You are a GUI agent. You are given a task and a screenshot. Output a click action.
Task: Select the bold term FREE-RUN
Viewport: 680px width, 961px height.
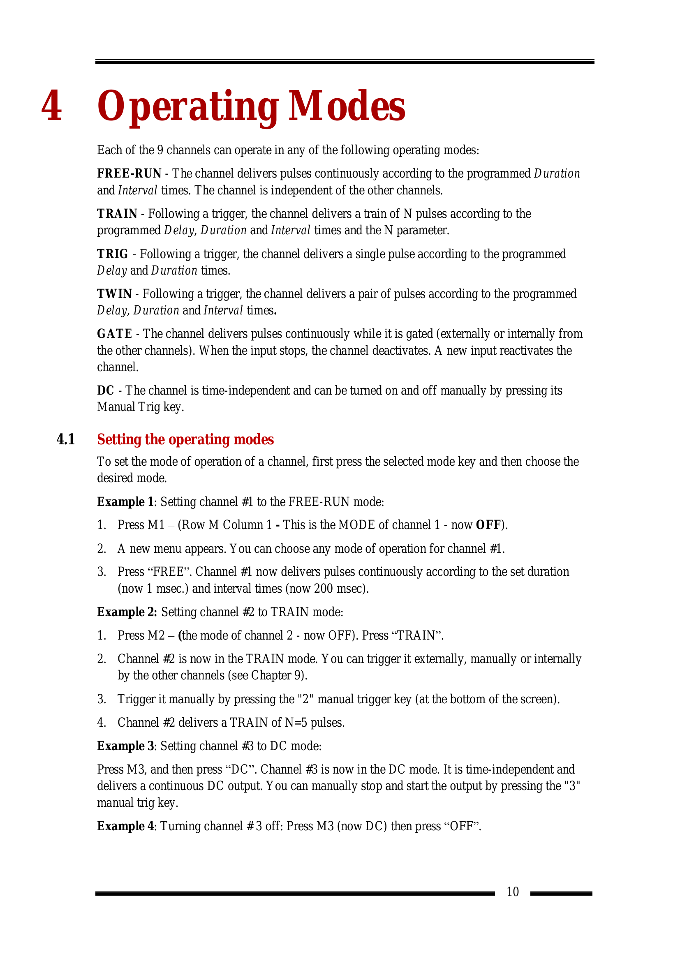pyautogui.click(x=129, y=173)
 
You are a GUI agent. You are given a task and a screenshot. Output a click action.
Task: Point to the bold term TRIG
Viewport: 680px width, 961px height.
pyautogui.click(x=112, y=254)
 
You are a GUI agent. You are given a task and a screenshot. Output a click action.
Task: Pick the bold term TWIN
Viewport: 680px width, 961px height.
pyautogui.click(x=114, y=294)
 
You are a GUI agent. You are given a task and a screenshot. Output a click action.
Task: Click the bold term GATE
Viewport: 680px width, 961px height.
pyautogui.click(x=114, y=334)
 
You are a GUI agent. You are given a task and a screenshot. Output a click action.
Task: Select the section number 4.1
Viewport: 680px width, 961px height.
pyautogui.click(x=66, y=439)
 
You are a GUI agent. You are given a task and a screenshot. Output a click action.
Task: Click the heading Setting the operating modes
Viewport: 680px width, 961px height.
pyautogui.click(x=185, y=439)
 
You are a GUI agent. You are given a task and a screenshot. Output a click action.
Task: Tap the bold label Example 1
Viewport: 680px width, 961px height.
pyautogui.click(x=125, y=501)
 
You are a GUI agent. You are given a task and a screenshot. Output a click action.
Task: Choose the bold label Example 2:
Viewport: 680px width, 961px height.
pyautogui.click(x=127, y=612)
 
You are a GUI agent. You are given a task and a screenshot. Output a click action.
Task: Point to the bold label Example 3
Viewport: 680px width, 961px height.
pyautogui.click(x=125, y=746)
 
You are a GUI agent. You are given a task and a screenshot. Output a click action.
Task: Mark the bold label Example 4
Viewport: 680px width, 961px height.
pyautogui.click(x=125, y=826)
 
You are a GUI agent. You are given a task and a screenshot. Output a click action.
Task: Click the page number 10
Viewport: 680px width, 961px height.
pyautogui.click(x=513, y=892)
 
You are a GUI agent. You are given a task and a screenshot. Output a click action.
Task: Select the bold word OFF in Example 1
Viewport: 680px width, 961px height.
pyautogui.click(x=488, y=525)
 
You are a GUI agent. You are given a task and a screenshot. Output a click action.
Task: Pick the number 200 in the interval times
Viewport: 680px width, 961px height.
pyautogui.click(x=323, y=589)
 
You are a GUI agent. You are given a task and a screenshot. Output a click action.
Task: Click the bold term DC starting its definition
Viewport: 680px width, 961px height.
pyautogui.click(x=106, y=390)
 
